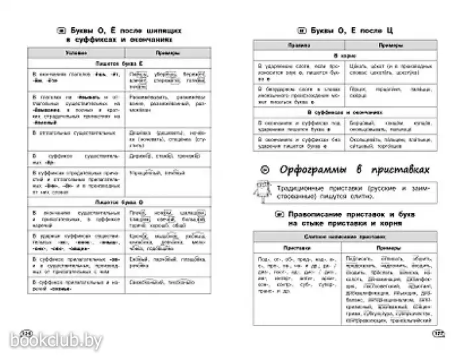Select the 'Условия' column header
[78, 52]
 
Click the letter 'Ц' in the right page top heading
[382, 30]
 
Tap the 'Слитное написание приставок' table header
[347, 236]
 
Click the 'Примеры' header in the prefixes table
[384, 246]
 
